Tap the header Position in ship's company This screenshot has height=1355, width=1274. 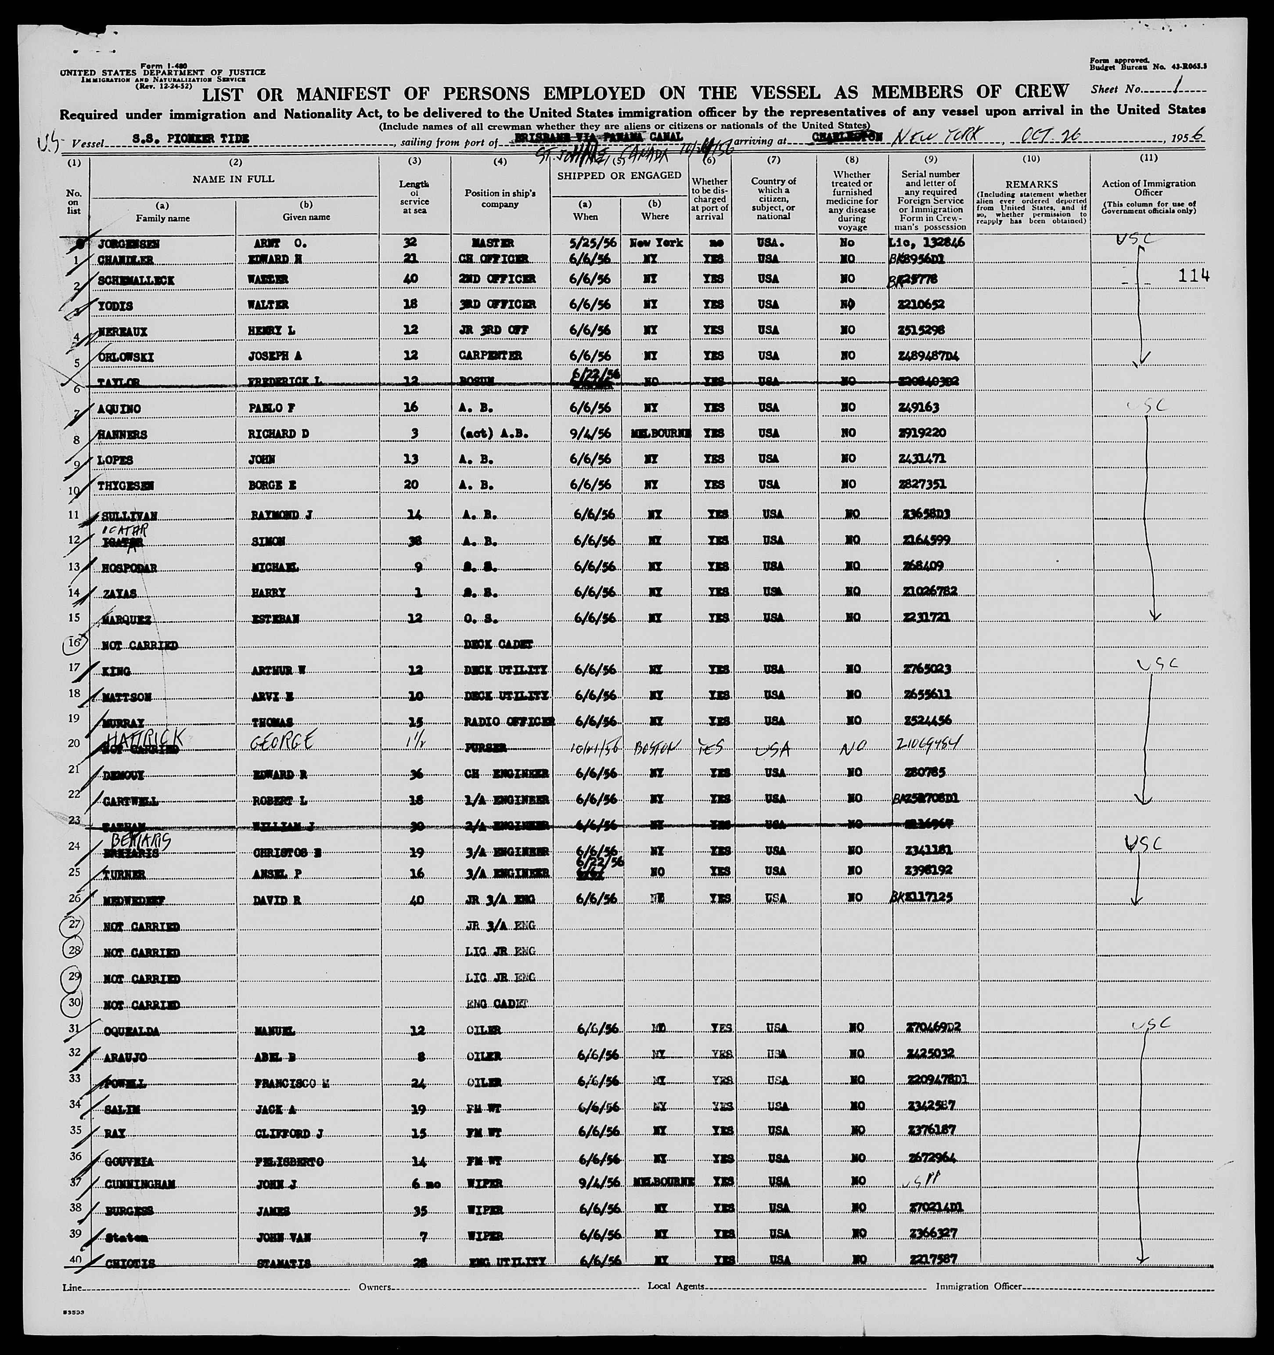500,199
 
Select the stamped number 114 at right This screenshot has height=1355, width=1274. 1194,275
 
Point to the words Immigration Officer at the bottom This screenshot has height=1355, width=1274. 978,1286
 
